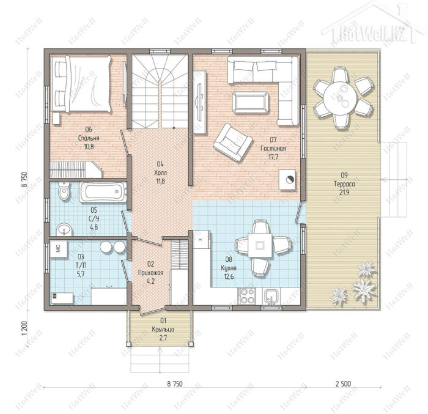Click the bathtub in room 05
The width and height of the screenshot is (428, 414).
pyautogui.click(x=103, y=191)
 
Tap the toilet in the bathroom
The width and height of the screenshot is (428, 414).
pyautogui.click(x=64, y=191)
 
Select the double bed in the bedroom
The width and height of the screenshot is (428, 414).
pyautogui.click(x=83, y=84)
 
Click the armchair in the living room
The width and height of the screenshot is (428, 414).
pyautogui.click(x=232, y=142)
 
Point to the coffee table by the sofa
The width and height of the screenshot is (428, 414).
pyautogui.click(x=250, y=102)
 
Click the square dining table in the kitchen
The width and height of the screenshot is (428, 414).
pyautogui.click(x=260, y=245)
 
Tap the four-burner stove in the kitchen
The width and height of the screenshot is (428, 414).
pyautogui.click(x=247, y=296)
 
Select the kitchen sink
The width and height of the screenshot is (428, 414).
pyautogui.click(x=271, y=297)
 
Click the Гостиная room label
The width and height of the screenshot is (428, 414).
pyautogui.click(x=273, y=149)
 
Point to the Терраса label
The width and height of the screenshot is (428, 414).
pyautogui.click(x=344, y=184)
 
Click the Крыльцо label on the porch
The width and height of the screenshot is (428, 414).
pyautogui.click(x=163, y=330)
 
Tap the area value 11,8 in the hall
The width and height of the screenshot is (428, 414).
pyautogui.click(x=160, y=181)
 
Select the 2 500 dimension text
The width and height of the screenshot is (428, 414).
pyautogui.click(x=343, y=384)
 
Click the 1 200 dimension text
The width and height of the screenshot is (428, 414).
pyautogui.click(x=25, y=328)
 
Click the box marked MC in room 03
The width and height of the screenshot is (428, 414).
pyautogui.click(x=59, y=249)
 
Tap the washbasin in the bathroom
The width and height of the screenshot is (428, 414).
pyautogui.click(x=64, y=230)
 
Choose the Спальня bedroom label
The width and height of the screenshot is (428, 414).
pyautogui.click(x=89, y=138)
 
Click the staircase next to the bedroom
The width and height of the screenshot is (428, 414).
pyautogui.click(x=160, y=92)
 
